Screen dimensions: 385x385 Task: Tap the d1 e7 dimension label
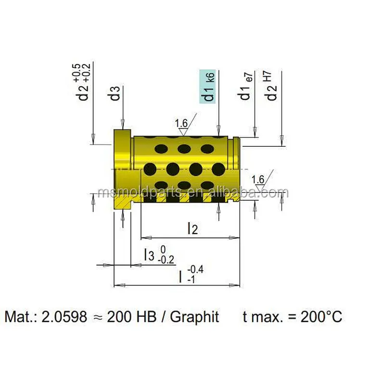(x=246, y=87)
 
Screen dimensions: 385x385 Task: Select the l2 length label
(x=192, y=228)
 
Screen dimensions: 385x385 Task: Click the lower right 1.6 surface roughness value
(x=258, y=180)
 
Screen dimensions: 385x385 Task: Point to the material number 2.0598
(x=65, y=317)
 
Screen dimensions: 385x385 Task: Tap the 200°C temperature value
(x=321, y=317)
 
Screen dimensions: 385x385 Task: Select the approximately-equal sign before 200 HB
(x=97, y=317)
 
